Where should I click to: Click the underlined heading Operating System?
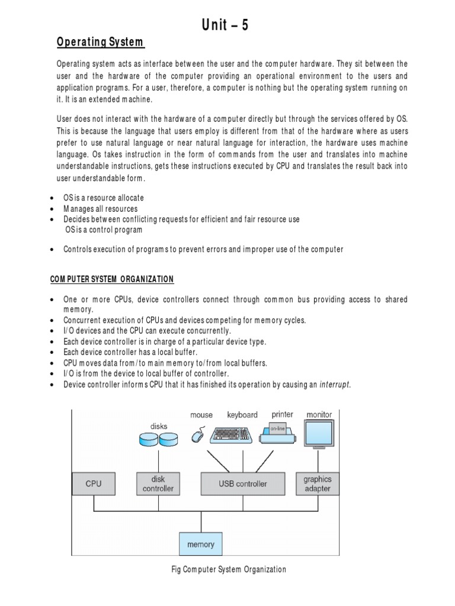(100, 42)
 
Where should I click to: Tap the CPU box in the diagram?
(94, 483)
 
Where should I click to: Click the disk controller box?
(158, 483)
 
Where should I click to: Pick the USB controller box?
(243, 483)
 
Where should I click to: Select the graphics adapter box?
(317, 483)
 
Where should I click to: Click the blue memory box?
(201, 544)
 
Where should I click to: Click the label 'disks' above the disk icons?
(159, 426)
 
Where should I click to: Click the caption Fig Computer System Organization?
(227, 569)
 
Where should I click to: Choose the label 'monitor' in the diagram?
(319, 414)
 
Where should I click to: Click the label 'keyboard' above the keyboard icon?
(242, 415)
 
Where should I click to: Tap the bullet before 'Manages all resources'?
(54, 209)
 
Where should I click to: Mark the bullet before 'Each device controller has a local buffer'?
(54, 352)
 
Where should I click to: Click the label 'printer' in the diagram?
(282, 414)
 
